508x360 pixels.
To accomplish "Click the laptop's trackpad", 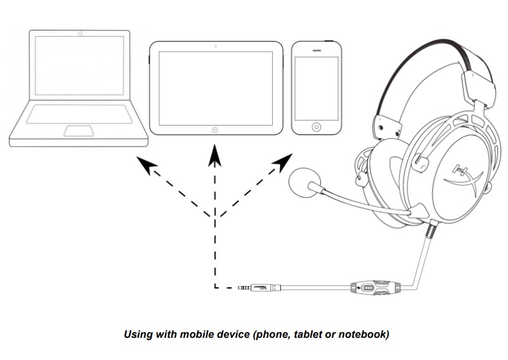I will [79, 131].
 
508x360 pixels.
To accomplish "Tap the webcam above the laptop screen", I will [79, 32].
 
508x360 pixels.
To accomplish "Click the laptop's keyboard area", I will [79, 115].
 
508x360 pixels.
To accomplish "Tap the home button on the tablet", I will [216, 129].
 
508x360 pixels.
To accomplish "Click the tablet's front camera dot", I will [216, 47].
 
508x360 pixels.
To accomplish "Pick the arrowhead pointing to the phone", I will [279, 165].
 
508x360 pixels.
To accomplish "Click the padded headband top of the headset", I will [438, 48].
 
